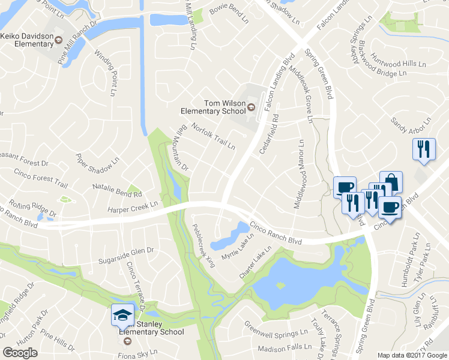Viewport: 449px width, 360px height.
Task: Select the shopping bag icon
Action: point(391,181)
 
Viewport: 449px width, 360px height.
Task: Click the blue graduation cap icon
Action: point(122,314)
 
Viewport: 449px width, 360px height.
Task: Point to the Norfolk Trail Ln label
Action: point(213,136)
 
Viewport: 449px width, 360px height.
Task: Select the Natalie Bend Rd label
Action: point(117,190)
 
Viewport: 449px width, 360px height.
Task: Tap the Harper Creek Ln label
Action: point(132,206)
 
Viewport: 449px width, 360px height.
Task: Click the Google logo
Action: point(20,352)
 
